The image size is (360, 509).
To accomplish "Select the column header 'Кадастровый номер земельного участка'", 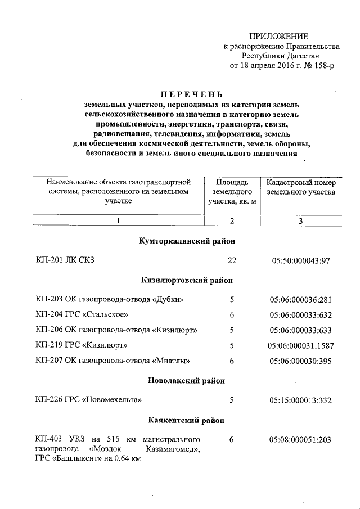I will click(x=301, y=187).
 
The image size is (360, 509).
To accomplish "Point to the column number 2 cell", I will click(x=232, y=221).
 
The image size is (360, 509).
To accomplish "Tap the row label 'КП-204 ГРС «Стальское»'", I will click(x=82, y=314).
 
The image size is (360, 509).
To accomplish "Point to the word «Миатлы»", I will click(x=171, y=360).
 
